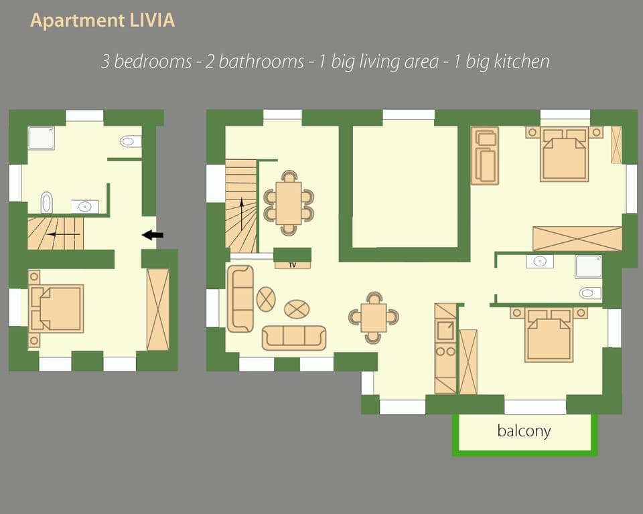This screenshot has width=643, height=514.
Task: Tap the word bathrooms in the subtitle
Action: pyautogui.click(x=261, y=62)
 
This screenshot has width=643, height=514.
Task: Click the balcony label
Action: pyautogui.click(x=524, y=430)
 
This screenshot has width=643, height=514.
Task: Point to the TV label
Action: pyautogui.click(x=292, y=265)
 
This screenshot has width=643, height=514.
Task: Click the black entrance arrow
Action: pyautogui.click(x=153, y=235)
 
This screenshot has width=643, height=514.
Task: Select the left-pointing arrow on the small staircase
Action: pyautogui.click(x=64, y=234)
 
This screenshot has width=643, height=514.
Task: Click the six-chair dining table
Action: pyautogui.click(x=289, y=203)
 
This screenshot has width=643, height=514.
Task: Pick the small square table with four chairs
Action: pyautogui.click(x=373, y=317)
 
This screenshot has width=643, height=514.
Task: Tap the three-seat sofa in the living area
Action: pyautogui.click(x=293, y=337)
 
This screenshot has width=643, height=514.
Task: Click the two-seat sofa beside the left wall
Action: pyautogui.click(x=240, y=298)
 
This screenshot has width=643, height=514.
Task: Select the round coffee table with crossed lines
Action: pyautogui.click(x=266, y=298)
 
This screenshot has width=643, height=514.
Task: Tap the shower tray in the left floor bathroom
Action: pyautogui.click(x=41, y=138)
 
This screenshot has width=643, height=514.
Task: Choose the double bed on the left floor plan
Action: pyautogui.click(x=57, y=309)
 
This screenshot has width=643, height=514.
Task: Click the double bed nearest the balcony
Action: pyautogui.click(x=549, y=335)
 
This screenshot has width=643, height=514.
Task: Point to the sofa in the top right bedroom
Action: pyautogui.click(x=484, y=155)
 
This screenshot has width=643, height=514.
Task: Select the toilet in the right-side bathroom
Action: pyautogui.click(x=590, y=292)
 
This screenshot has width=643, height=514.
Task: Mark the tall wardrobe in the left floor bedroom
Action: pyautogui.click(x=158, y=309)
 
